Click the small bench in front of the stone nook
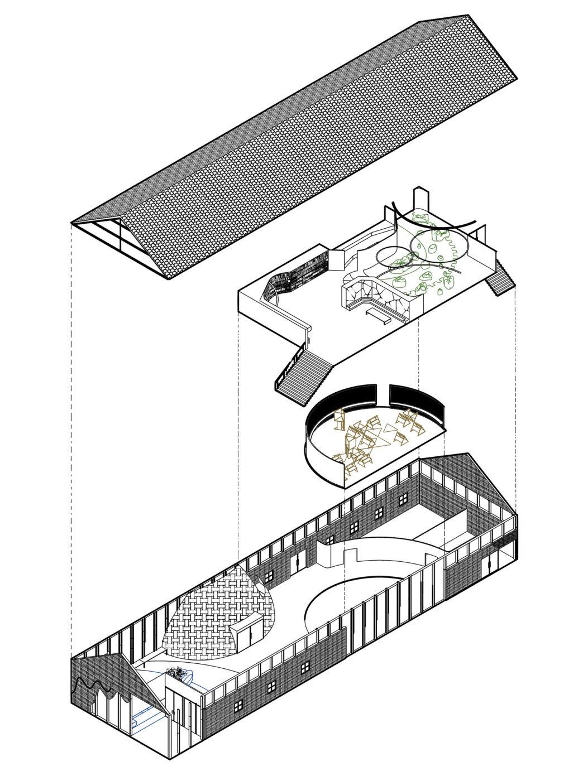click(x=377, y=317)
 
